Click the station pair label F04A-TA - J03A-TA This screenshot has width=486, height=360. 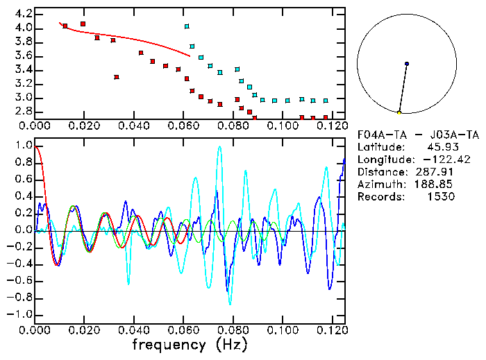[x=417, y=134]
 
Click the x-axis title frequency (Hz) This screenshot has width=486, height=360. [x=190, y=344]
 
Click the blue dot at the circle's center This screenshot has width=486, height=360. [x=407, y=64]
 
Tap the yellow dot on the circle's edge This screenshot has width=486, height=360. [x=399, y=112]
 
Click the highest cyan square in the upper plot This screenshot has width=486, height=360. [x=187, y=26]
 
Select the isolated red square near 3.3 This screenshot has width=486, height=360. [x=117, y=77]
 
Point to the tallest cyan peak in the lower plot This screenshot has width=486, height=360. [x=220, y=146]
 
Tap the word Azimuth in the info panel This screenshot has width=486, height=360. [x=379, y=184]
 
